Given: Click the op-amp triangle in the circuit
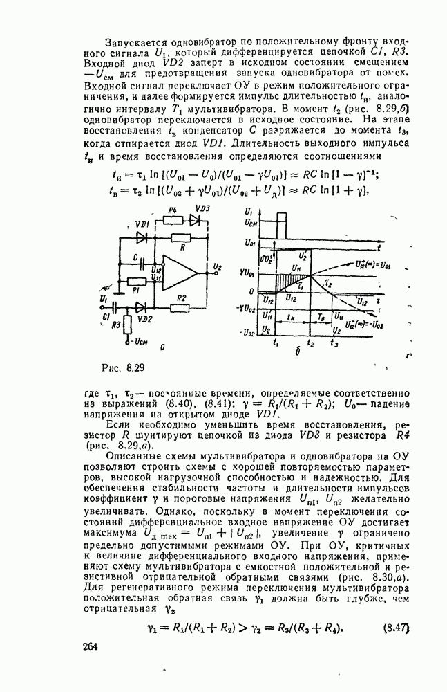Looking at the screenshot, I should (175, 269).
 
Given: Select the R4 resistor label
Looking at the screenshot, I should (173, 210).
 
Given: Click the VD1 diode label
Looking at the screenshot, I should (144, 226).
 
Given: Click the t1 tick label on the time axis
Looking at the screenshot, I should (276, 342).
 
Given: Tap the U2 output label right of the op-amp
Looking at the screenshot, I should (218, 266).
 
